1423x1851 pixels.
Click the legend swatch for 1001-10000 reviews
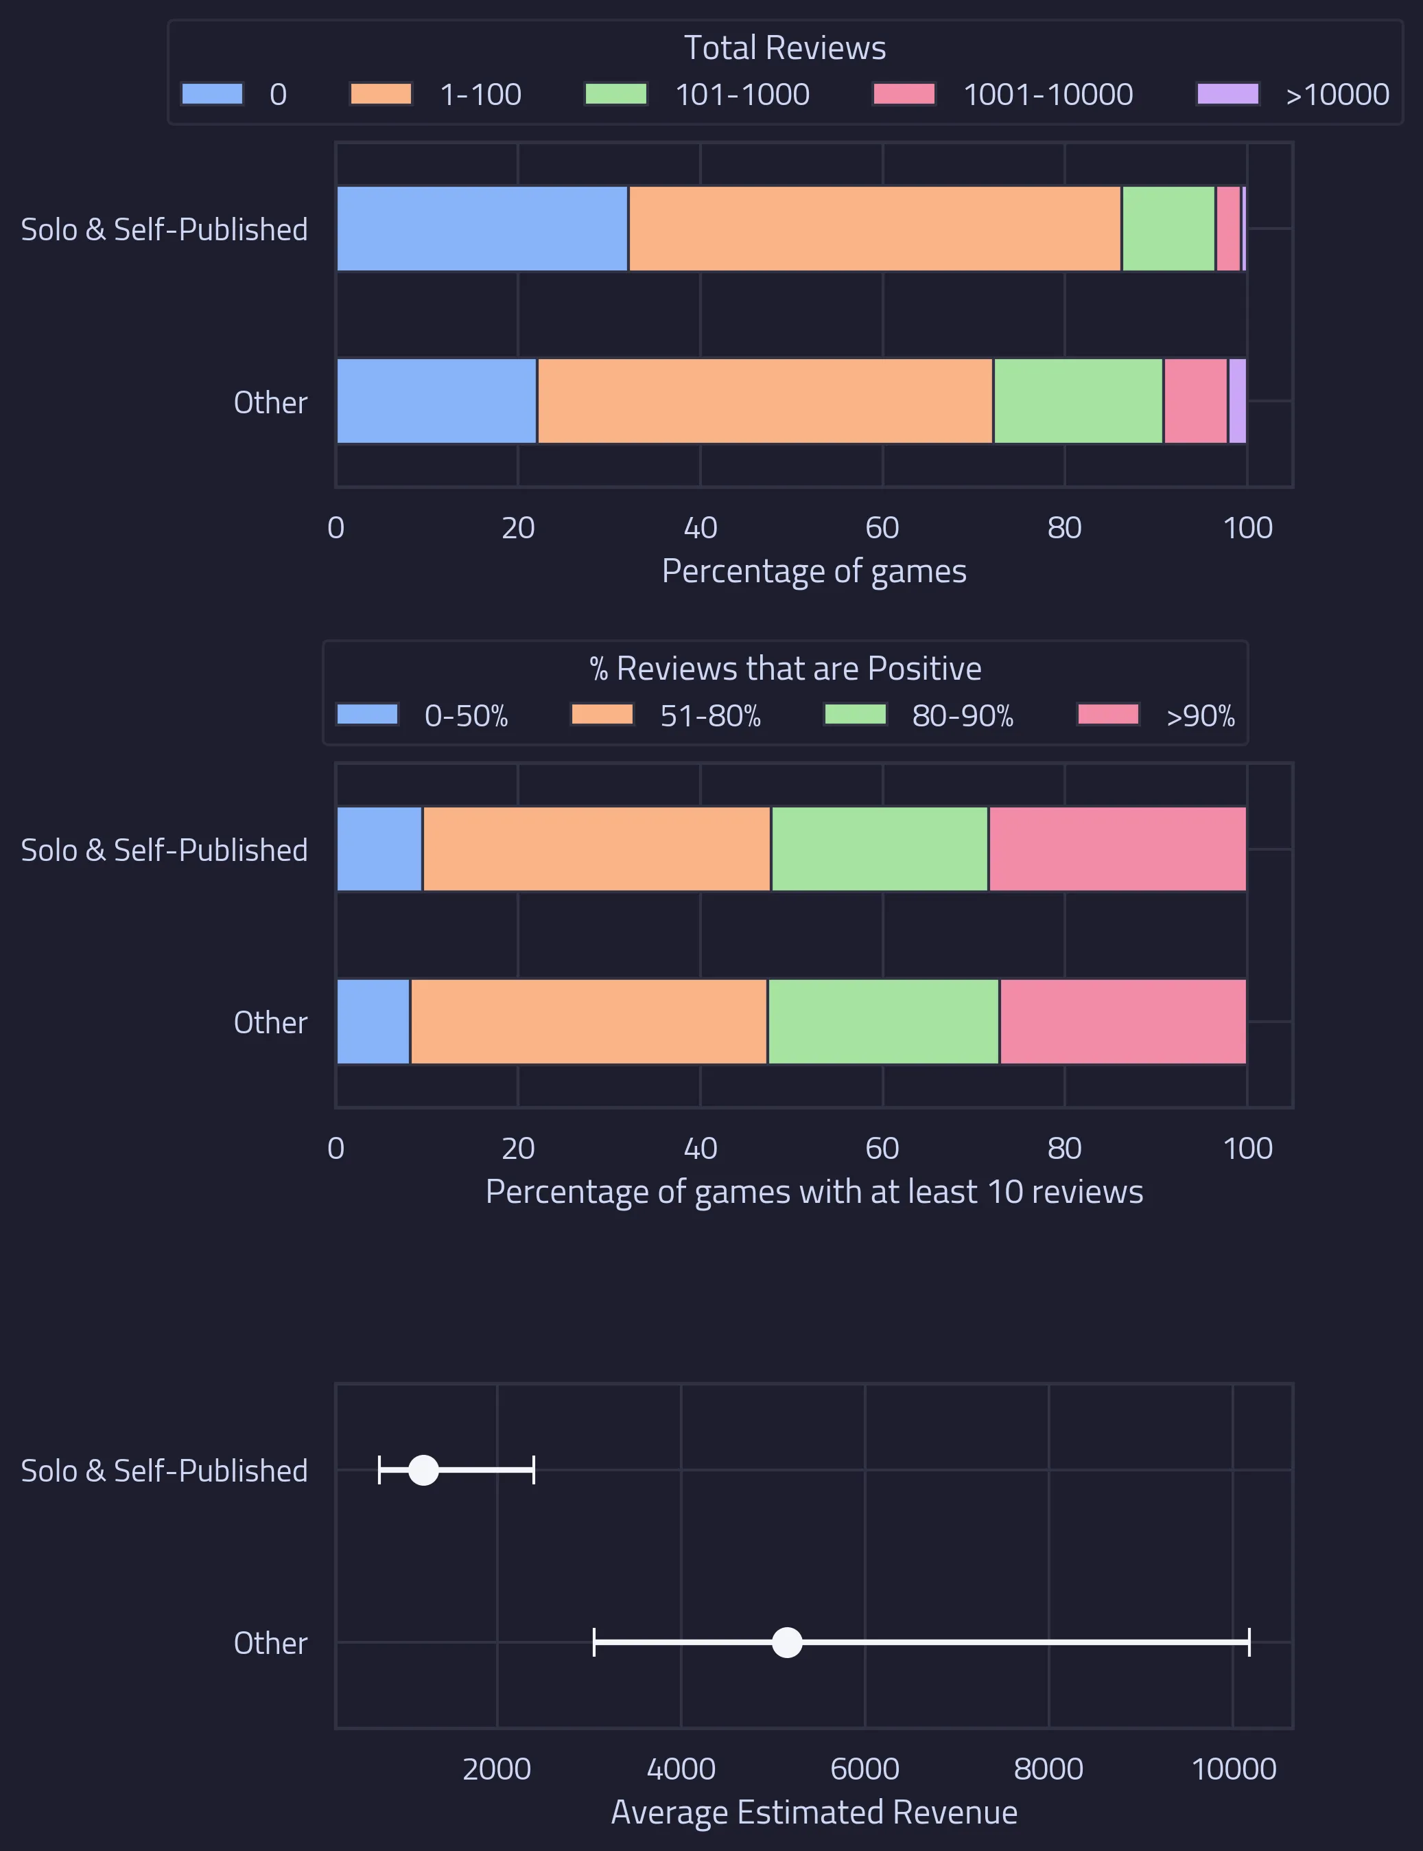[x=904, y=93]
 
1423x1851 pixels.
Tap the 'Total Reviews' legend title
[x=784, y=48]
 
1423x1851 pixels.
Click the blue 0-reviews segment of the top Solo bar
[x=482, y=229]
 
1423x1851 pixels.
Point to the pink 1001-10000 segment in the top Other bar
[x=1195, y=401]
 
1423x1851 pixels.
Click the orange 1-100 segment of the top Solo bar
[x=874, y=229]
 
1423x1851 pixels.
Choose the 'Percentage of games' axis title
[x=813, y=571]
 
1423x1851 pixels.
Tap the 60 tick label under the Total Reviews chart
[x=882, y=528]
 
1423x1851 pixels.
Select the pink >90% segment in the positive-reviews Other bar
[x=1122, y=1021]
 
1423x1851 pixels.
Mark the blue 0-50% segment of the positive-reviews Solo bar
[x=379, y=849]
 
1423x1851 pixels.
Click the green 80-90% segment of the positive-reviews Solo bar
[x=879, y=849]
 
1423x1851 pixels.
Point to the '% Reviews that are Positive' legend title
[x=784, y=669]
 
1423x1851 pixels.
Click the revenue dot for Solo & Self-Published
[x=423, y=1471]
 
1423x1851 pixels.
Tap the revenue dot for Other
[x=787, y=1642]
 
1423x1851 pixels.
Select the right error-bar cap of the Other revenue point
[x=1249, y=1642]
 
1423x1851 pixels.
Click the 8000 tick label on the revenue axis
[x=1048, y=1769]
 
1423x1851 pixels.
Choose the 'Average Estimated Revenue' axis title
[x=813, y=1813]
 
